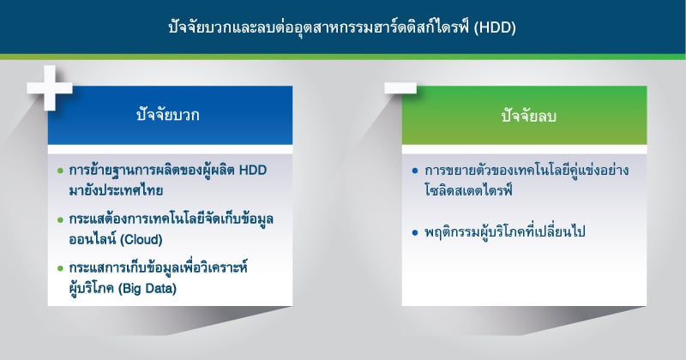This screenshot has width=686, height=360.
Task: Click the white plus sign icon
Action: click(50, 88)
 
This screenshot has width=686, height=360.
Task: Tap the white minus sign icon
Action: click(400, 88)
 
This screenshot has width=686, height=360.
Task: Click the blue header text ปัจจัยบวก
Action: click(167, 116)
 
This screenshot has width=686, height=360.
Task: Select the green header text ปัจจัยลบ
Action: click(528, 117)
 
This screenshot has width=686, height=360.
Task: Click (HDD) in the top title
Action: click(495, 27)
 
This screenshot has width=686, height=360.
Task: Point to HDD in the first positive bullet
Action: click(252, 170)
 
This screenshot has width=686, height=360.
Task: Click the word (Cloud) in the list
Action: click(141, 240)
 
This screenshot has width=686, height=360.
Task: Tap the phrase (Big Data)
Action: click(147, 289)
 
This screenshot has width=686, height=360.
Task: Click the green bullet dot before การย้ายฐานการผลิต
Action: click(60, 171)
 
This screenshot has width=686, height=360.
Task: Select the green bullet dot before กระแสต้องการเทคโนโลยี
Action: click(60, 219)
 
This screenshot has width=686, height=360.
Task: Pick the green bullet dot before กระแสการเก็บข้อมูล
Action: click(60, 268)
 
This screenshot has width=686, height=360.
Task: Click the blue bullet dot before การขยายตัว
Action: click(415, 171)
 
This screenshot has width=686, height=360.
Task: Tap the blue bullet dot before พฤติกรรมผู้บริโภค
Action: click(415, 232)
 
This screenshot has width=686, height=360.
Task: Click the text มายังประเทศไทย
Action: click(116, 191)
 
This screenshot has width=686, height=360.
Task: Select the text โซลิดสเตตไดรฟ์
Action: click(467, 191)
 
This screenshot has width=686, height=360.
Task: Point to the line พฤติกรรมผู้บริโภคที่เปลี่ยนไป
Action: click(504, 231)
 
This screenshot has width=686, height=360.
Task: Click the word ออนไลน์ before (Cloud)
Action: click(93, 239)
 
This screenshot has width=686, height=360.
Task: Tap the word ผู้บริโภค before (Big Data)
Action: click(92, 289)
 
